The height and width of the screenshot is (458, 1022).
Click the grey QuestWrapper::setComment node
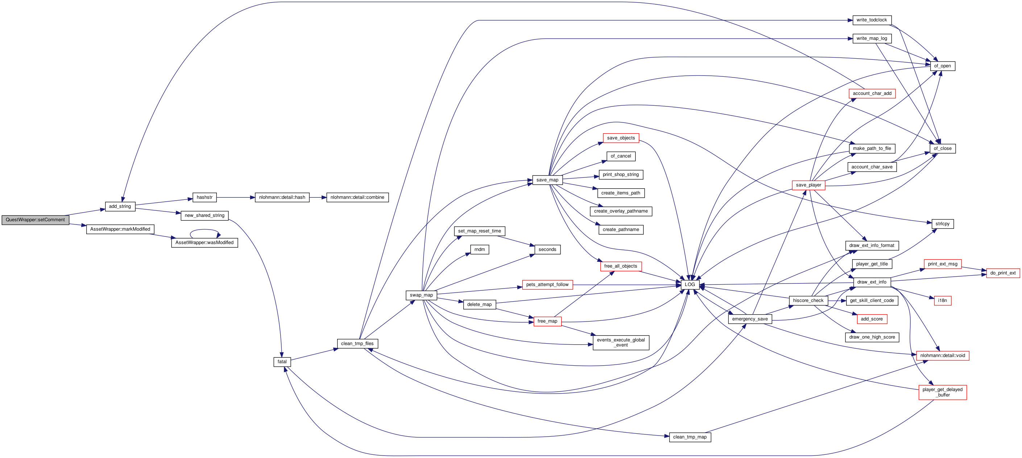[x=35, y=220]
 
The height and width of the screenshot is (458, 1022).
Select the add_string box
[x=120, y=206]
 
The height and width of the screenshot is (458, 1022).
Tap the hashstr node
[x=204, y=197]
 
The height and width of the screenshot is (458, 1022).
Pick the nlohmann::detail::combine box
[x=357, y=197]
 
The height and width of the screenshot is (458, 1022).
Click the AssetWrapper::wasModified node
[x=204, y=243]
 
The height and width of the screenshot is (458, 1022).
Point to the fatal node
[x=282, y=362]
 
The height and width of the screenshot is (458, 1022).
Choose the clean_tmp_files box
[x=357, y=344]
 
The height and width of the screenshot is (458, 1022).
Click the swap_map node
[x=421, y=295]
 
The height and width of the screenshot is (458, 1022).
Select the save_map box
[x=547, y=180]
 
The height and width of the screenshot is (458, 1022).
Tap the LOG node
[x=690, y=285]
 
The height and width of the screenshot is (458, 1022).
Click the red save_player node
[x=808, y=185]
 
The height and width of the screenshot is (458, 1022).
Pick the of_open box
[x=942, y=66]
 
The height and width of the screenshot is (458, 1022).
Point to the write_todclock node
[x=872, y=20]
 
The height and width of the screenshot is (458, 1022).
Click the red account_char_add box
[x=872, y=93]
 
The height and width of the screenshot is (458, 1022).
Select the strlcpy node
[x=943, y=224]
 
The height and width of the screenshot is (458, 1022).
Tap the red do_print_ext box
[x=1003, y=273]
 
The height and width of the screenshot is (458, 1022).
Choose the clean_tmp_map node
[x=690, y=437]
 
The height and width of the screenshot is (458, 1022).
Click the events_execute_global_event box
[x=621, y=343]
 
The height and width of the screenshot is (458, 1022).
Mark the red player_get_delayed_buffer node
[x=943, y=392]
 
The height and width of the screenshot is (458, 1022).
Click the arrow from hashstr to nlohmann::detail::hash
[x=236, y=197]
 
